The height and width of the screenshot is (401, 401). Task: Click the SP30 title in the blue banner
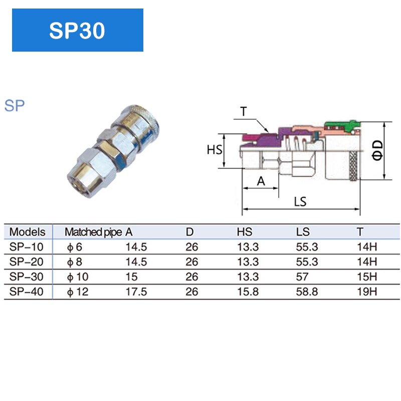[77, 31]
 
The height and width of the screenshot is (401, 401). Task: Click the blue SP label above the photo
[15, 106]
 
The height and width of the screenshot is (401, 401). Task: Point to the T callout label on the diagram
[243, 111]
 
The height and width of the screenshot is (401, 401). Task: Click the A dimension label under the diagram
[261, 181]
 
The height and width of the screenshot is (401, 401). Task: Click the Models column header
[28, 232]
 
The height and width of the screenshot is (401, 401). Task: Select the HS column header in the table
[245, 232]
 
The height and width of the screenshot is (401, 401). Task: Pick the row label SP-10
[28, 247]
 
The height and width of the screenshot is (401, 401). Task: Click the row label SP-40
[28, 292]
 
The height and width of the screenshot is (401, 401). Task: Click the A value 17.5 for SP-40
[136, 292]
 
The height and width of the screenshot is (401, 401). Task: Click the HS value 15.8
[248, 292]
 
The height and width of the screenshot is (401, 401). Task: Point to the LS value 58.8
[307, 292]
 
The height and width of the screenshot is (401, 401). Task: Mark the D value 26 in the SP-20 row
[192, 262]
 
